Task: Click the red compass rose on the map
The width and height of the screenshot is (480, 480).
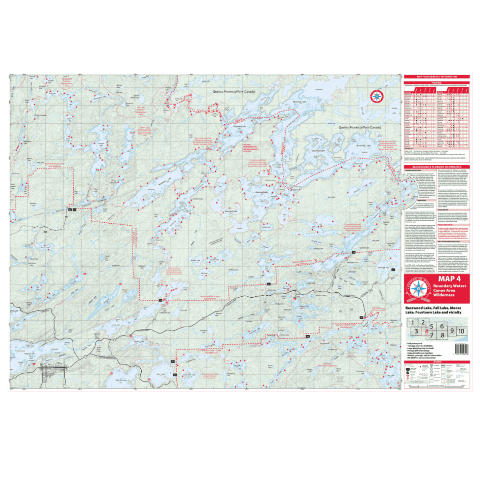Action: [376, 96]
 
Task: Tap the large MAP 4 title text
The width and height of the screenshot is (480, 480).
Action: [449, 279]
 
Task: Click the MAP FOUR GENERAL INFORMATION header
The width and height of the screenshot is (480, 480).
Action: [436, 76]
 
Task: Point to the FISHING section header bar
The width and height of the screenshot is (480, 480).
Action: [436, 83]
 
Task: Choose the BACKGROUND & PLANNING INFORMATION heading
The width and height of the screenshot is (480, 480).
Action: [436, 167]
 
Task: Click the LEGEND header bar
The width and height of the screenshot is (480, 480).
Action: [436, 362]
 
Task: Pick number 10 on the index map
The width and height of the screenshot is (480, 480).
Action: [461, 331]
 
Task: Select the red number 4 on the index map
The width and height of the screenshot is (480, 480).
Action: [427, 331]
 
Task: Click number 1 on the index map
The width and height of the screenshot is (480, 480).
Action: [412, 322]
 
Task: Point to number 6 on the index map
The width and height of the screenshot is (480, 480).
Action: [442, 326]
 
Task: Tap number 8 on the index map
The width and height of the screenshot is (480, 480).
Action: [442, 335]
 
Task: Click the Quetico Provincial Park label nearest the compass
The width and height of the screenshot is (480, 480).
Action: [360, 128]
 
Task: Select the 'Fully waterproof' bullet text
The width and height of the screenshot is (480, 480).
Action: [416, 344]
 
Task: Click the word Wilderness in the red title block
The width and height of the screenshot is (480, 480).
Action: [444, 295]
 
